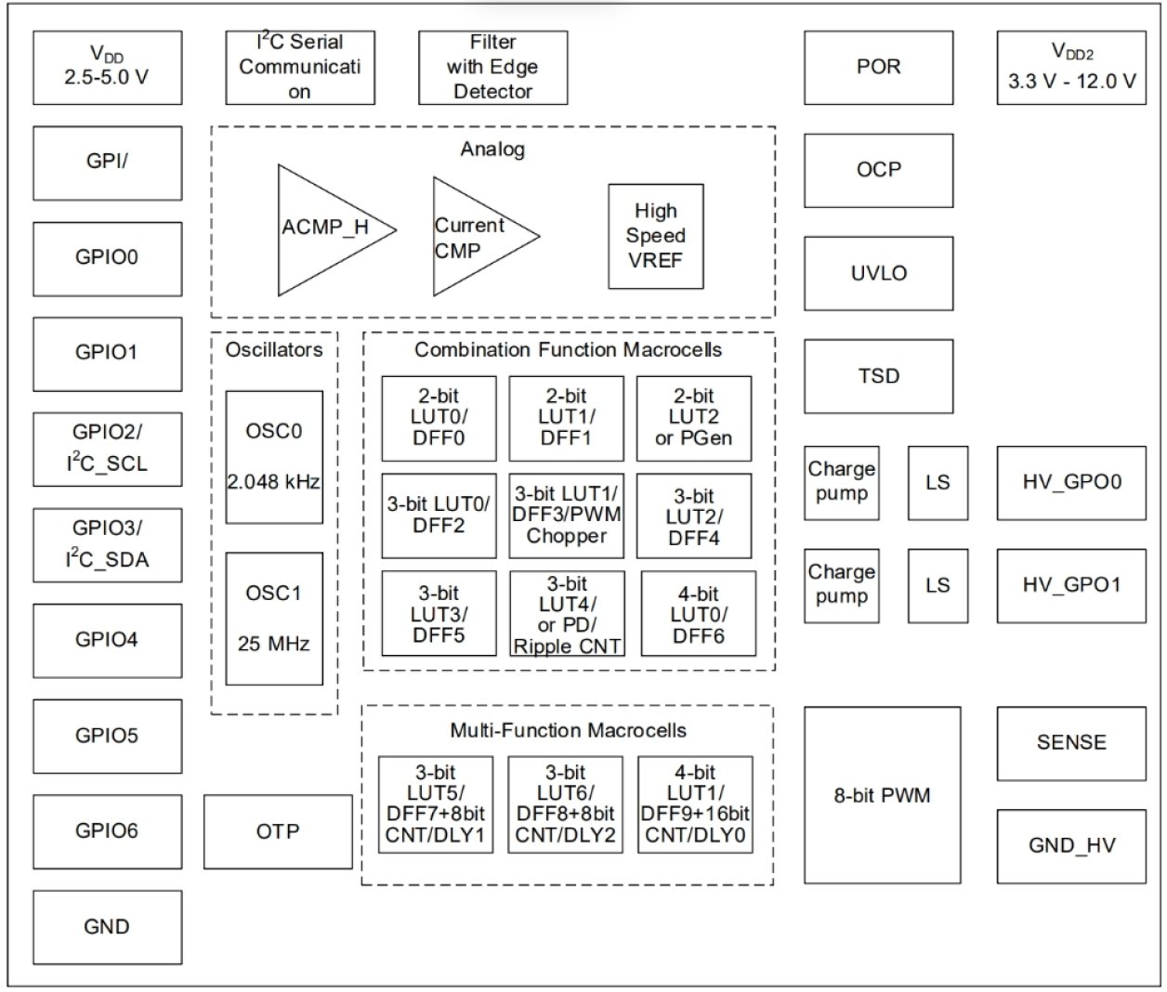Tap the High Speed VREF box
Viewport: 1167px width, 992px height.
[x=655, y=236]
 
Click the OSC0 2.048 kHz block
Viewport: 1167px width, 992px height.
[x=274, y=456]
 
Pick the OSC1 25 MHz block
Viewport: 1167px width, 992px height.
[x=274, y=619]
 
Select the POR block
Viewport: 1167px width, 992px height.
[x=878, y=68]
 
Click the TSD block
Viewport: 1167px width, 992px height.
[x=878, y=376]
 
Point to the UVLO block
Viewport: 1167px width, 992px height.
[x=878, y=273]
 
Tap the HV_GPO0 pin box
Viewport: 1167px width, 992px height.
[x=1071, y=482]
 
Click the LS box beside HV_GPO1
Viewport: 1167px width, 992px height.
[x=938, y=585]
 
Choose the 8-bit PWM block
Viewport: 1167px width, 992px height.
[x=882, y=795]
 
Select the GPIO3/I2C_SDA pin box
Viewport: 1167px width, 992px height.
[x=107, y=544]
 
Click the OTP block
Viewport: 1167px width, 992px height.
[x=278, y=831]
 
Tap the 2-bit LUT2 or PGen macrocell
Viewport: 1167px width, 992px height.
[x=693, y=418]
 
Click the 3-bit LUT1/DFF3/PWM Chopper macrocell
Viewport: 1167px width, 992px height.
[x=566, y=515]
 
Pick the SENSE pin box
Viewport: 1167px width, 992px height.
[x=1071, y=743]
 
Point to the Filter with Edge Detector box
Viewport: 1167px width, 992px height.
[x=492, y=68]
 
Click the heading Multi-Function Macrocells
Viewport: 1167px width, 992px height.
[x=568, y=730]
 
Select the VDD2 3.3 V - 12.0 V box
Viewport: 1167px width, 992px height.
[x=1071, y=68]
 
